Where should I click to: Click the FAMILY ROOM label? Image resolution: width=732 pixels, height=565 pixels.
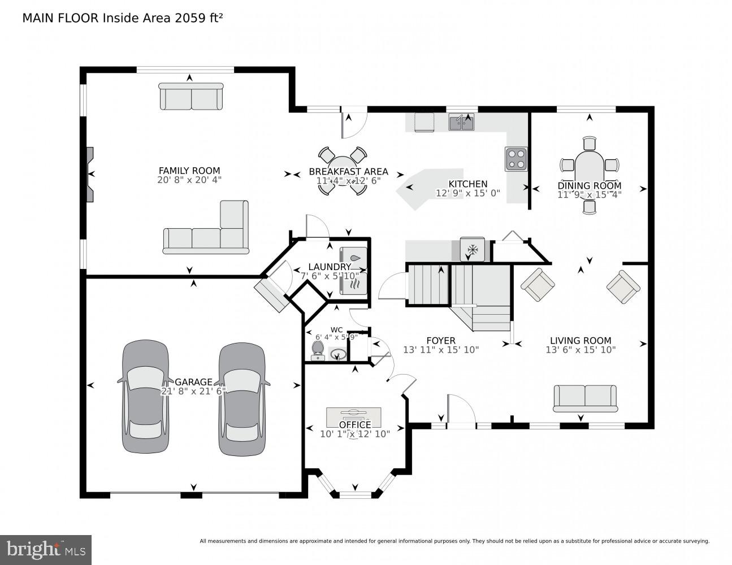(x=189, y=171)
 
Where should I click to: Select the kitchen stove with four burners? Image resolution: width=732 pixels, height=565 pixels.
(x=516, y=159)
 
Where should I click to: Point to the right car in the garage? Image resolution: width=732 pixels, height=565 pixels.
(x=241, y=399)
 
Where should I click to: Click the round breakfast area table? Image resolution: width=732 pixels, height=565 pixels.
(x=341, y=171)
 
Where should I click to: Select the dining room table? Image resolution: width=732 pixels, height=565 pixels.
(x=590, y=172)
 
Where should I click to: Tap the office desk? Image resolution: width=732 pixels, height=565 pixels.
(x=353, y=417)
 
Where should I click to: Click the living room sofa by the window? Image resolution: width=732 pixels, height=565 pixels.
(x=584, y=398)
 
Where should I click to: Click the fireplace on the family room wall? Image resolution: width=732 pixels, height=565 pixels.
(x=90, y=175)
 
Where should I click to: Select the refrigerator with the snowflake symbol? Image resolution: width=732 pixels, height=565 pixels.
(x=472, y=249)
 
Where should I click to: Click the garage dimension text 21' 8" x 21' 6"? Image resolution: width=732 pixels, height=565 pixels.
(x=193, y=391)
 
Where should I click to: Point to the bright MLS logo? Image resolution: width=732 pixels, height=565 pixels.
(x=46, y=550)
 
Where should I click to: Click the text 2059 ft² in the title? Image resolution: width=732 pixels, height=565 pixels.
(x=192, y=18)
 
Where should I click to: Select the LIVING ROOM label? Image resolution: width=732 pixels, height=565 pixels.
(x=581, y=340)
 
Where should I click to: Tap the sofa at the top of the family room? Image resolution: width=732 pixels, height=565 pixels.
(x=191, y=97)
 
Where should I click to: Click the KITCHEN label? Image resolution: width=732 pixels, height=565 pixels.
(x=467, y=184)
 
